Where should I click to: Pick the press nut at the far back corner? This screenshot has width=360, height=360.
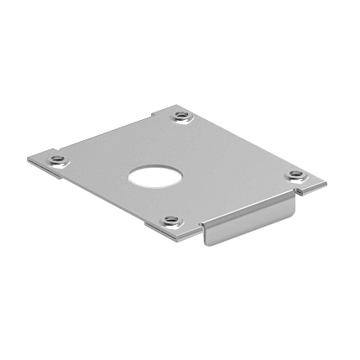pyautogui.click(x=182, y=115)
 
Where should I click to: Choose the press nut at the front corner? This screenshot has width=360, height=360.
pyautogui.click(x=172, y=222)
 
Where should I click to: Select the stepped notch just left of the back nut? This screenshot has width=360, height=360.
pyautogui.click(x=159, y=113)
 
